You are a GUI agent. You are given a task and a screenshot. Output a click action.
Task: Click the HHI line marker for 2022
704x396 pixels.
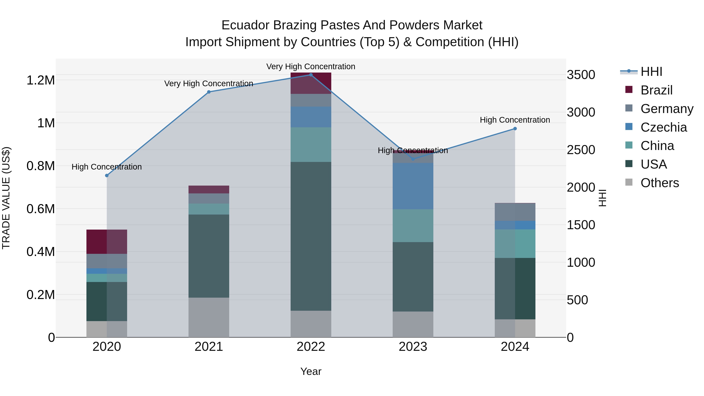[x=311, y=75]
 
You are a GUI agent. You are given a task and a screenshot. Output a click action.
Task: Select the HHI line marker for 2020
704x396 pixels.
[x=107, y=175]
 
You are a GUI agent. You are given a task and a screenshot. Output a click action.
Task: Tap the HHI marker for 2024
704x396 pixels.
[x=515, y=129]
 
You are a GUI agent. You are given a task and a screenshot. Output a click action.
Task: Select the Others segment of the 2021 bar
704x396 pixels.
[x=209, y=317]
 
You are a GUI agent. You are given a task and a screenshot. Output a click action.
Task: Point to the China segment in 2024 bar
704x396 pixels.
[x=515, y=243]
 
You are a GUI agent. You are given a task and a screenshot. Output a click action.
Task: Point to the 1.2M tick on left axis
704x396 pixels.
[x=41, y=80]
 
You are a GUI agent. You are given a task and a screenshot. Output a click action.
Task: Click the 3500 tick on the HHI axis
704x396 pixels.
[x=581, y=75]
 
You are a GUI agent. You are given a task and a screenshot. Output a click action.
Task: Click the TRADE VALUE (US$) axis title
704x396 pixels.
[x=6, y=198]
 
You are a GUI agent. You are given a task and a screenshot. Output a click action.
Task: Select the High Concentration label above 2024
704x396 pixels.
[x=515, y=120]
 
